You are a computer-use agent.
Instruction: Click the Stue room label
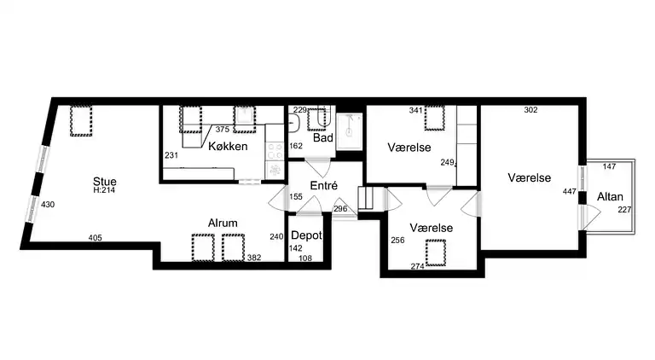[x=105, y=181]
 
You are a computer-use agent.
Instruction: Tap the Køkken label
[x=228, y=147]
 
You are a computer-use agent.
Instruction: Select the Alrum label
[x=223, y=224]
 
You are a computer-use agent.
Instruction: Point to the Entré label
[x=324, y=185]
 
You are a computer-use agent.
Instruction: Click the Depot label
[x=306, y=235]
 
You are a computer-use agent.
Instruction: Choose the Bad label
[x=322, y=137]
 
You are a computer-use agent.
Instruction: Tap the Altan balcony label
[x=610, y=197]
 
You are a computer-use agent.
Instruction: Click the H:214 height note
[x=105, y=190]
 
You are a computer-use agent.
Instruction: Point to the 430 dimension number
[x=48, y=205]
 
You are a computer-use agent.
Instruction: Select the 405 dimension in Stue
[x=95, y=238]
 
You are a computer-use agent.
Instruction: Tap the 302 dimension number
[x=530, y=110]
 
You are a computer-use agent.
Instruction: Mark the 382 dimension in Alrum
[x=254, y=257]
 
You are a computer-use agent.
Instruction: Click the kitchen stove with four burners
[x=275, y=151]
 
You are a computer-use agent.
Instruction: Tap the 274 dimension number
[x=418, y=266]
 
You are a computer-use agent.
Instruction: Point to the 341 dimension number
[x=416, y=110]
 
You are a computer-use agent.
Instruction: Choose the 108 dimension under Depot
[x=305, y=258]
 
